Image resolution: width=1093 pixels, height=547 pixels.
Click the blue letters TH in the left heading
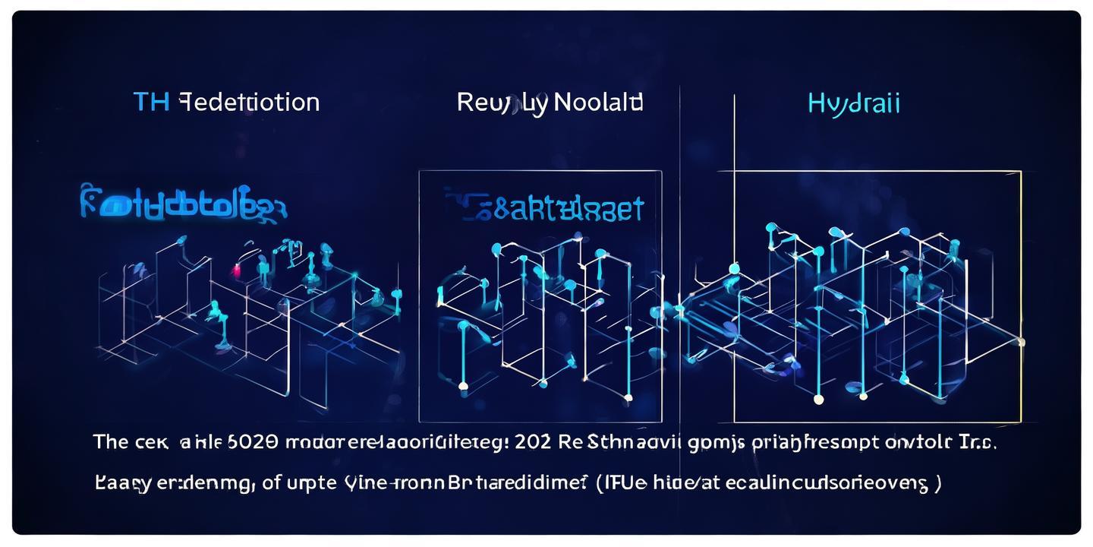coord(151,103)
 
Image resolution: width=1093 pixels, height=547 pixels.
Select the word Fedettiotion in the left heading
coord(249,103)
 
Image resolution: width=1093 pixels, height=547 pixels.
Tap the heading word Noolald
coord(598,102)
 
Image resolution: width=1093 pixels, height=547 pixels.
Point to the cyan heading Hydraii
coord(854,103)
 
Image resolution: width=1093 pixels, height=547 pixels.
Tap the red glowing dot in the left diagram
coord(236,270)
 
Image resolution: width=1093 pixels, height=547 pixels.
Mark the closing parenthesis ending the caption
coord(939,483)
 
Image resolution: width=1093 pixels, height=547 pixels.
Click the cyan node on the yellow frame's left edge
coord(734,268)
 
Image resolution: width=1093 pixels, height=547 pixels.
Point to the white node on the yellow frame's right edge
coord(1021,342)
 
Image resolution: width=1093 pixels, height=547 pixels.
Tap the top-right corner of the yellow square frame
coord(1021,171)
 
